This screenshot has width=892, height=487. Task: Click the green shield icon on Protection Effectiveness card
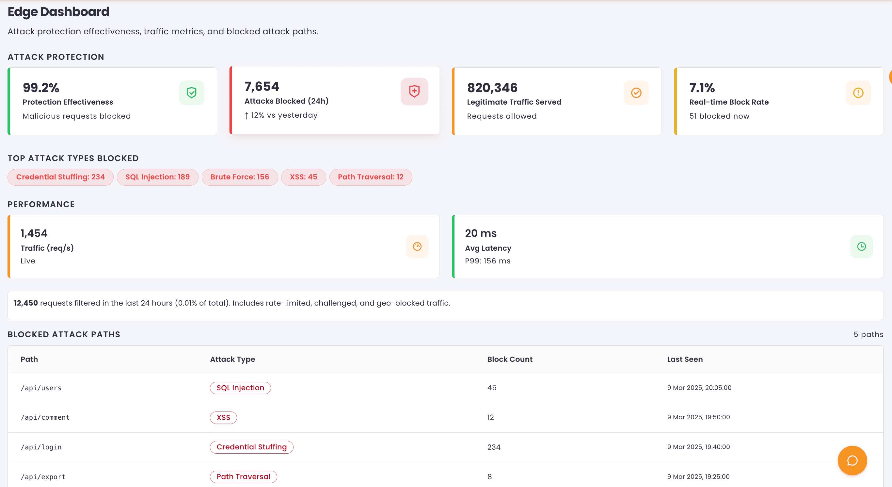pos(191,93)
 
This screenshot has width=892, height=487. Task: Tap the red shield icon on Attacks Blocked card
pos(414,92)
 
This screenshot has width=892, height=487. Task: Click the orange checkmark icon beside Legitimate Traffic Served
pos(636,93)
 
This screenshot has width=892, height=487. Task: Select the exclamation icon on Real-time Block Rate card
pos(858,93)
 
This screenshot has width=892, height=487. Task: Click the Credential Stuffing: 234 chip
pos(61,177)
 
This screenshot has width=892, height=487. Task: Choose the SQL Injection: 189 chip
pos(158,177)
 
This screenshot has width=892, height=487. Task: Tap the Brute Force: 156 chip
pos(240,177)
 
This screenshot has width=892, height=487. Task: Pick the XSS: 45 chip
pos(303,177)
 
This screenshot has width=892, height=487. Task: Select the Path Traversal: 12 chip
pos(371,177)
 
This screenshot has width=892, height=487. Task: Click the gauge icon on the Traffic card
pos(417,246)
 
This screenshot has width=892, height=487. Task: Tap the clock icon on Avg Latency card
pos(861,246)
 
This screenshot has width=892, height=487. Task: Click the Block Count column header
pos(510,360)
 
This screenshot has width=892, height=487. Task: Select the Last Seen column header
pos(685,360)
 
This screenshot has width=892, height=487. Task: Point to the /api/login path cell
pos(41,447)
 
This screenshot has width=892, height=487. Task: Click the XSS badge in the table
pos(223,418)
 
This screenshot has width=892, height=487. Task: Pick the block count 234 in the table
pos(494,447)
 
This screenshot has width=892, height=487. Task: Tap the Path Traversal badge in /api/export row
pos(244,477)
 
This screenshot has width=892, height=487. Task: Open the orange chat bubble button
pos(852,461)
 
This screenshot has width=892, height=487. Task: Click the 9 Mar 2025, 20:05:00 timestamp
pos(699,388)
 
